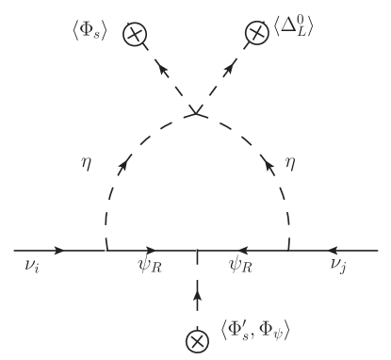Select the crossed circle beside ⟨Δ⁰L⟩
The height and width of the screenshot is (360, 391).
click(254, 34)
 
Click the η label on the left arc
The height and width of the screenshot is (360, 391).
click(88, 162)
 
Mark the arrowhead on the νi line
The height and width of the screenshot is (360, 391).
click(59, 251)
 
